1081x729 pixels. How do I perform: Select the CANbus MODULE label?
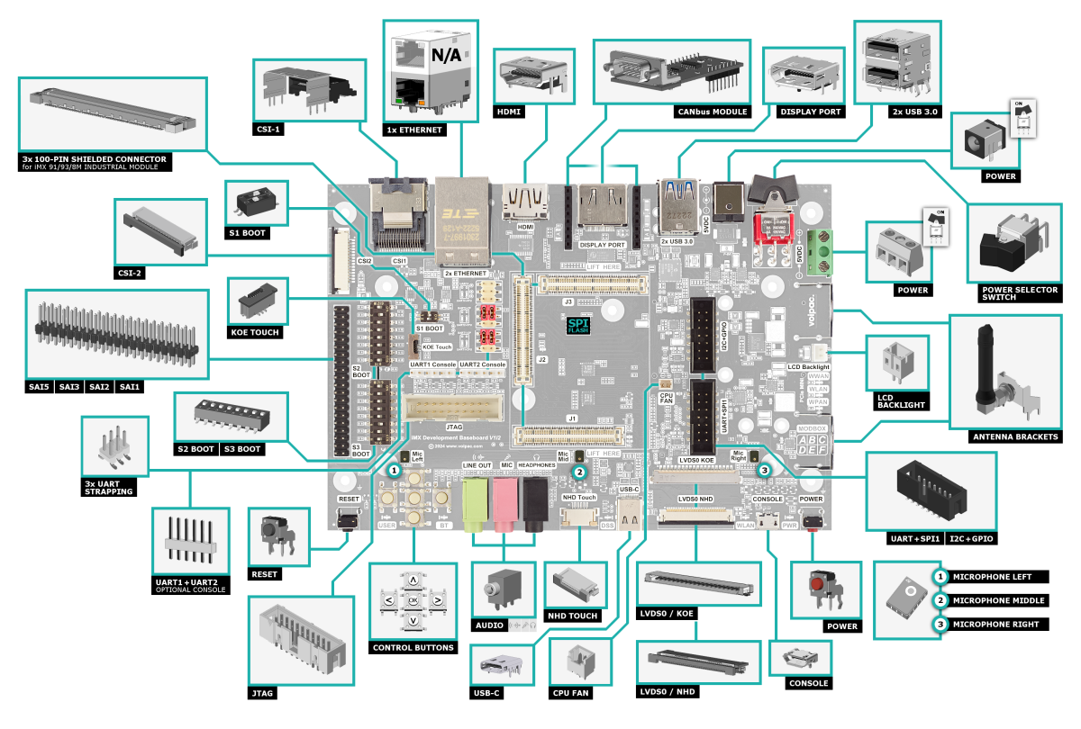pos(711,112)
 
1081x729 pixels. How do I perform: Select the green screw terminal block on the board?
pos(820,252)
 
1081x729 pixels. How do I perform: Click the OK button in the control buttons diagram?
pos(413,600)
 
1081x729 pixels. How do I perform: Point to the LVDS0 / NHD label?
pos(668,691)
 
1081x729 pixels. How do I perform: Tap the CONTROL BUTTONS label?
pos(413,647)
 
